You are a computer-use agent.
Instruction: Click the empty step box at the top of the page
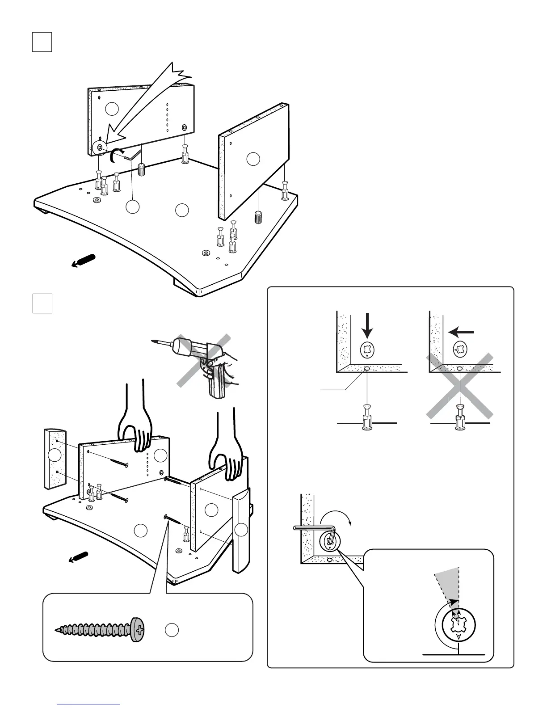[42, 42]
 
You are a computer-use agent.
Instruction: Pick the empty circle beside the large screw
[172, 630]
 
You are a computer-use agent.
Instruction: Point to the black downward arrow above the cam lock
[367, 325]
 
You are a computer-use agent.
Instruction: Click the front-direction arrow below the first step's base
[84, 261]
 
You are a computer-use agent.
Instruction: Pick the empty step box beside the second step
[42, 303]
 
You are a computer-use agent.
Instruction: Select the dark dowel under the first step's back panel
[142, 169]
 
